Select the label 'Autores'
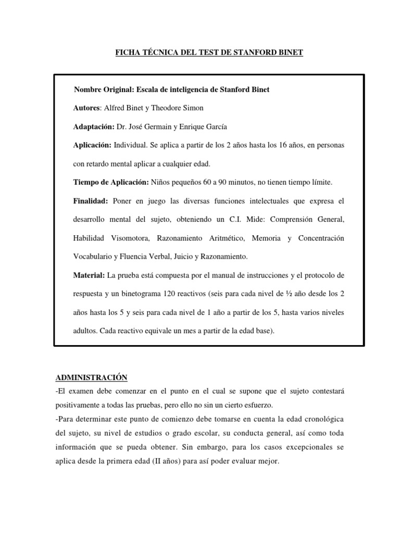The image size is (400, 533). coord(86,108)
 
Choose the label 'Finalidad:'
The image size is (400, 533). coord(90,201)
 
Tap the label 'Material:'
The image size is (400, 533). coord(89,275)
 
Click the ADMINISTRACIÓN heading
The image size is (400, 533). coord(91,377)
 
